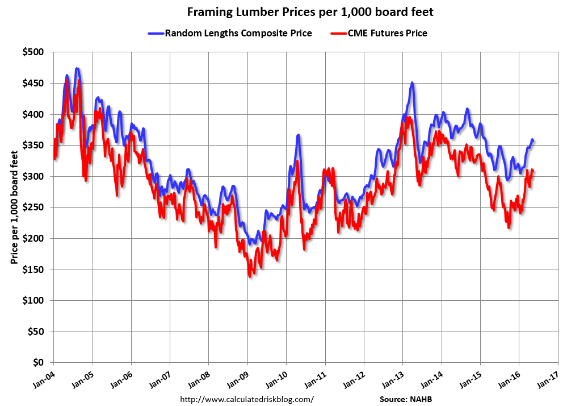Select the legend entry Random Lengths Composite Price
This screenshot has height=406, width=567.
coord(238,33)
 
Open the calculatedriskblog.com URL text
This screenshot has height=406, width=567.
coord(246,399)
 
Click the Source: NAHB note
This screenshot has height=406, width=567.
coord(405,399)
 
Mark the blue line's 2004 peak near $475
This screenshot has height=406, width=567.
coord(77,69)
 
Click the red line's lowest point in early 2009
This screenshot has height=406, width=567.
coord(249,276)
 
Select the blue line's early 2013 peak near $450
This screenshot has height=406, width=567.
coord(412,83)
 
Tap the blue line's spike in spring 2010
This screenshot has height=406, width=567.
coord(298,135)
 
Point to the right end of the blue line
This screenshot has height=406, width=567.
coord(533,140)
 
